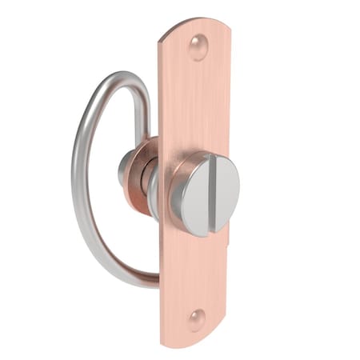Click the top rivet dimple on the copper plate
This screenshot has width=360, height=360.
coord(198,47)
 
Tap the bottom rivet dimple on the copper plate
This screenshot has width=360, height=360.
coord(196,320)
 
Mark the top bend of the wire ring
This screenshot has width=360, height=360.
coord(120,76)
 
